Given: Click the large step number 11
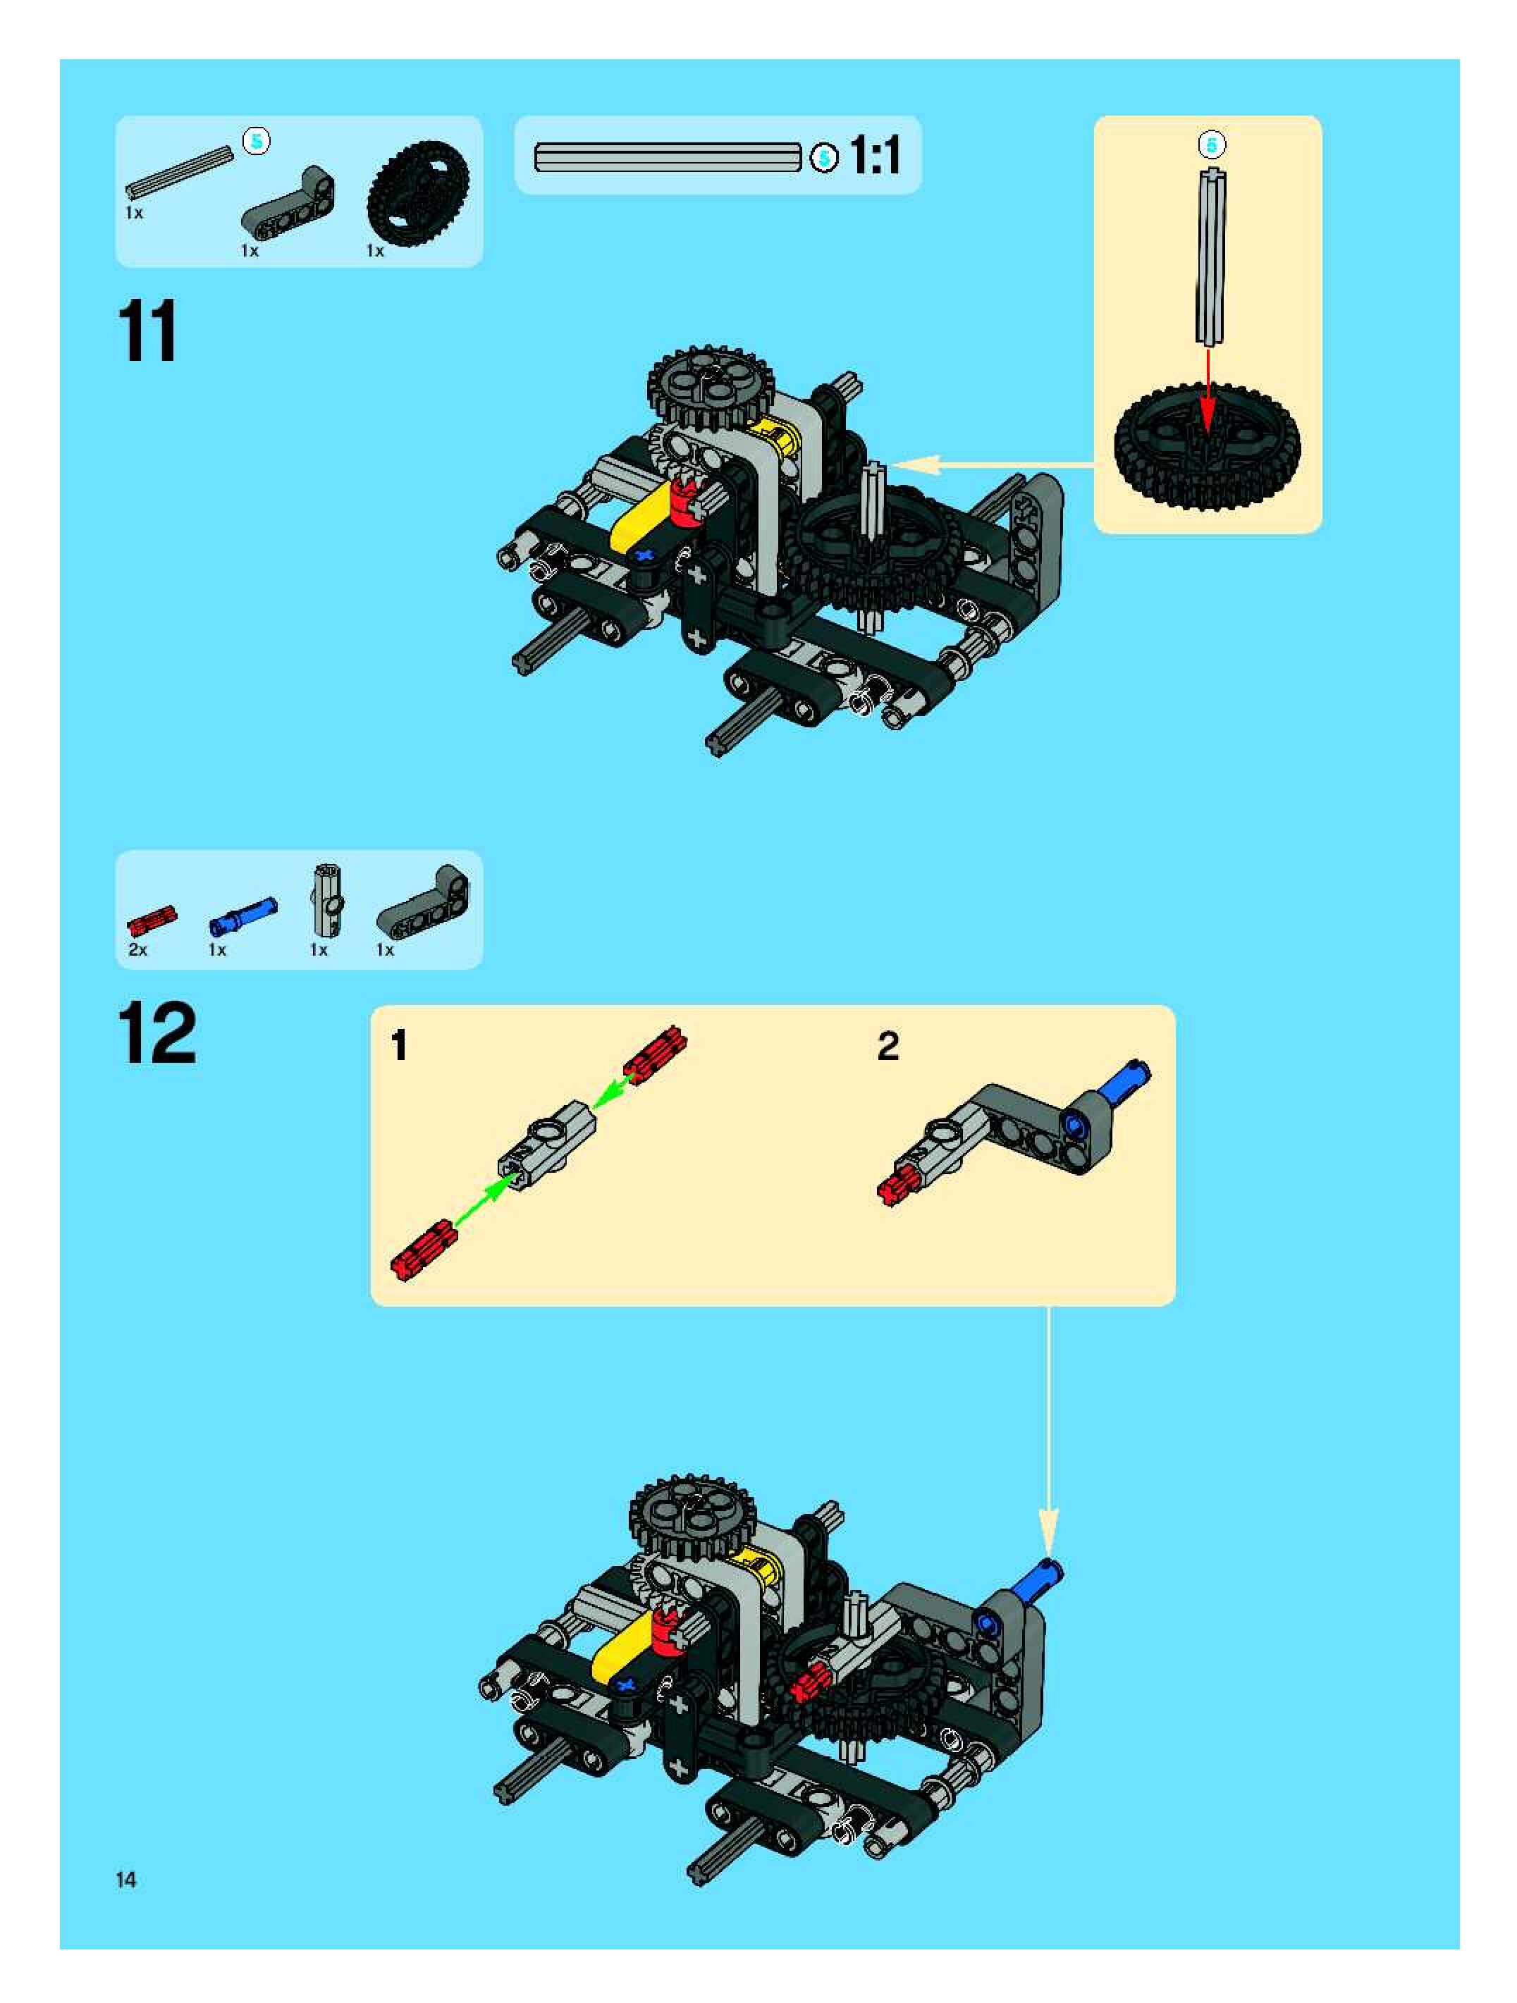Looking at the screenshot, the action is tap(147, 331).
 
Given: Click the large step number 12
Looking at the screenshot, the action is tap(156, 1033).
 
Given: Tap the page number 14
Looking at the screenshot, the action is tap(126, 1880).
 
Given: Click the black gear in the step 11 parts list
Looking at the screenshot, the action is tap(417, 191).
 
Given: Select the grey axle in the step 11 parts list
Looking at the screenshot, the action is tap(179, 171).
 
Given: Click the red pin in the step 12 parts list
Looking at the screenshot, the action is tap(152, 920).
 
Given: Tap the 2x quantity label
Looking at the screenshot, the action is tap(137, 950).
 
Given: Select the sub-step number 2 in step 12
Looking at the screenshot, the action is tap(888, 1046).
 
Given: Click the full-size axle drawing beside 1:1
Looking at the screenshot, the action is tap(668, 158).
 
